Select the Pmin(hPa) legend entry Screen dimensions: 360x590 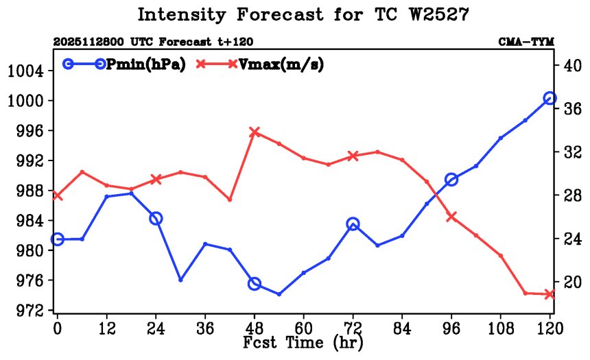click(x=123, y=64)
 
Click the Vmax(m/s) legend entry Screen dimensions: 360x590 click(x=260, y=64)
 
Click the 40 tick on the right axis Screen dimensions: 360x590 click(x=571, y=66)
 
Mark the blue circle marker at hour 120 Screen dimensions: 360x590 click(x=550, y=99)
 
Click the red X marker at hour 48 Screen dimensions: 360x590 click(x=255, y=132)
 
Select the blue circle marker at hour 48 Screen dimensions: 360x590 click(x=255, y=284)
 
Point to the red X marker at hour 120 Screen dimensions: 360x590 click(x=550, y=294)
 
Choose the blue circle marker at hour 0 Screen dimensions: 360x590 click(x=58, y=239)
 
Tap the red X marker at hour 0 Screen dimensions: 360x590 click(x=58, y=196)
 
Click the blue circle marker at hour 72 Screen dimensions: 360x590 click(x=353, y=224)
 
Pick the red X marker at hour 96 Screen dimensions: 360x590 click(x=451, y=217)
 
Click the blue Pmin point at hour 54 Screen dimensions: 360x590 click(x=279, y=294)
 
